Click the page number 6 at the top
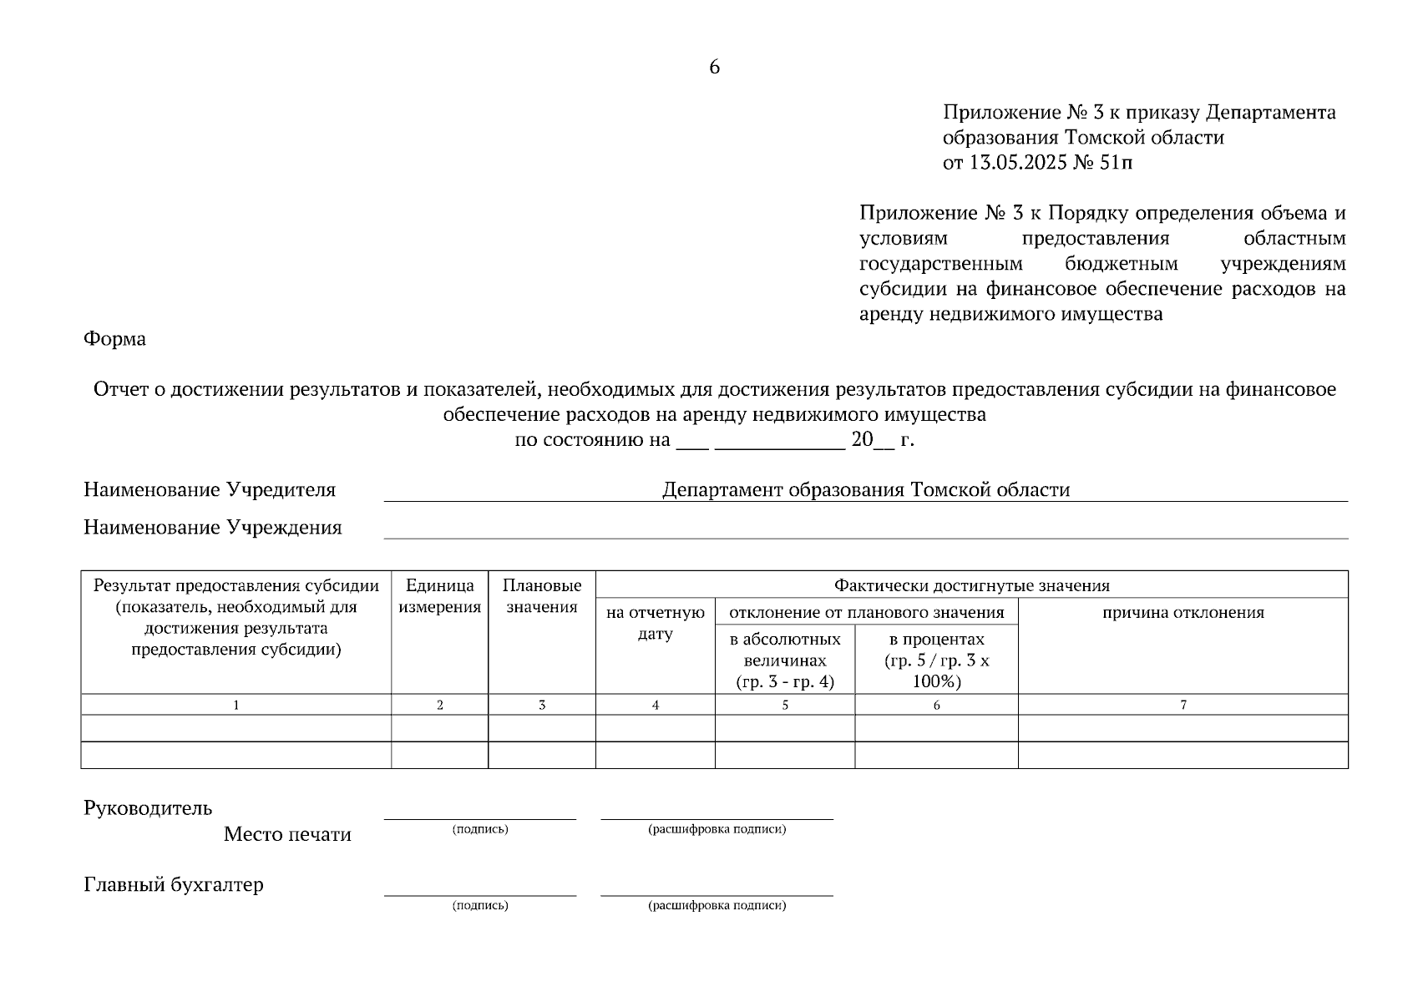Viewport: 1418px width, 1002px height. click(x=714, y=68)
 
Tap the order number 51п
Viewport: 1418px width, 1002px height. click(x=1117, y=163)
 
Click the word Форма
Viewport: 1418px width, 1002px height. click(x=114, y=339)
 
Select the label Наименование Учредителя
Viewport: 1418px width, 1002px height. click(x=210, y=490)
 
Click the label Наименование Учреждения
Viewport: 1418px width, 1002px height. click(x=212, y=528)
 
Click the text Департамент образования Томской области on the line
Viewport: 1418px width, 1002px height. click(x=865, y=490)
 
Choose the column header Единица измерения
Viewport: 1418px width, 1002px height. click(x=439, y=596)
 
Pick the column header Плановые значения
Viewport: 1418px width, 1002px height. click(x=541, y=596)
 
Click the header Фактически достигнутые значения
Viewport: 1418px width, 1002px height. click(x=971, y=585)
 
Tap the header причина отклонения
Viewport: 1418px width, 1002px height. click(x=1183, y=613)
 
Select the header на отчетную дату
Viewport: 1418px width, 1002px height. click(x=655, y=623)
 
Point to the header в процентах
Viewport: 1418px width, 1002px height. click(x=936, y=640)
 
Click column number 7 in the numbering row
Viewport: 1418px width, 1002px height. click(x=1183, y=706)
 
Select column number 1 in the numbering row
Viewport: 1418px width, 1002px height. click(x=235, y=706)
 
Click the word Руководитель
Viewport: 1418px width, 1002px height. click(x=148, y=808)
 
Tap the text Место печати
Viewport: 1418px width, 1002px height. click(x=287, y=835)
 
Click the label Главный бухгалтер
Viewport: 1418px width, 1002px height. click(x=174, y=885)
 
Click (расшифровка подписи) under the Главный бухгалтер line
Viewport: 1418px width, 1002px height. click(x=717, y=905)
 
